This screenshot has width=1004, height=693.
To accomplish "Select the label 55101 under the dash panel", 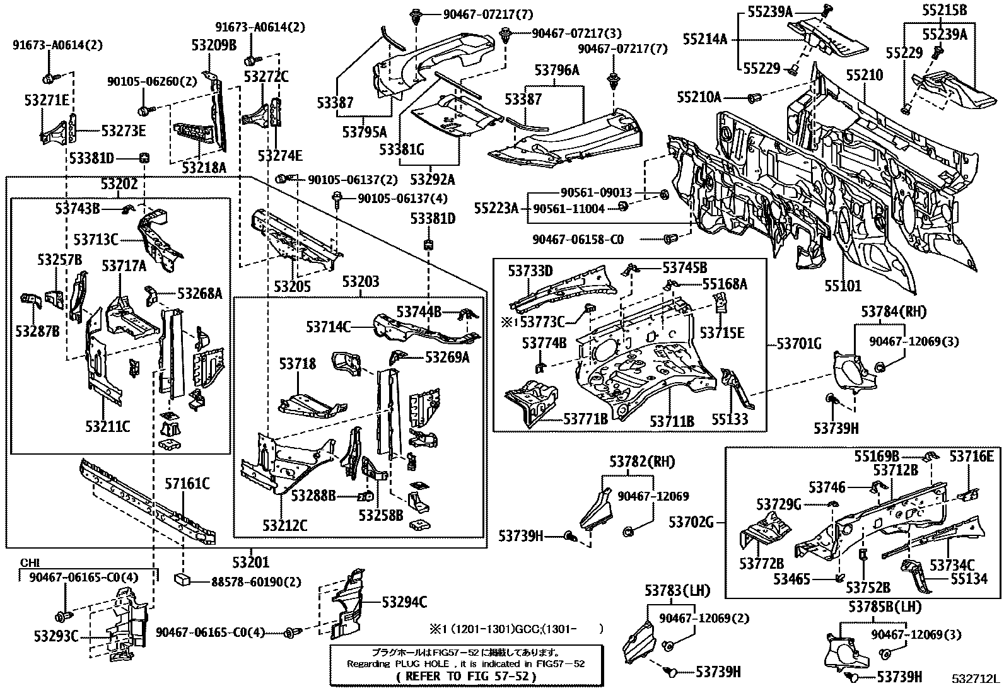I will pos(843,286).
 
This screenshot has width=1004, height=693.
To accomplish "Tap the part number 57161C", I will pos(187,484).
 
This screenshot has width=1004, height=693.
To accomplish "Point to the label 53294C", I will pos(404,602).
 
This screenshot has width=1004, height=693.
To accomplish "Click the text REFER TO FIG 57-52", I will pos(467,677).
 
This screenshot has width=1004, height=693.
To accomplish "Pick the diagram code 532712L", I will pos(976,679).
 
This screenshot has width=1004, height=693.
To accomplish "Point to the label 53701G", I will pos(799,344).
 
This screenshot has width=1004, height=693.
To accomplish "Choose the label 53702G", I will pos(691,521).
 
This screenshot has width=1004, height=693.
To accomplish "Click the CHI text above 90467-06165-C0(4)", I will pos(30,562).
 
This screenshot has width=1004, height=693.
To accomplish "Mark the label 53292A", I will pos(433,180).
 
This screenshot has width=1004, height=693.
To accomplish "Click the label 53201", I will pos(250,562).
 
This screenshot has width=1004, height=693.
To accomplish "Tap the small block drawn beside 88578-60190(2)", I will pos(184,578).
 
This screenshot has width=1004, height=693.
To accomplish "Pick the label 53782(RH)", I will pos(642,462).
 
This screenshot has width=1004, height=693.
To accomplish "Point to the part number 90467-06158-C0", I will pos(578,239).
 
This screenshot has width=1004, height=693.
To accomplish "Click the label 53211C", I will pos(107,427).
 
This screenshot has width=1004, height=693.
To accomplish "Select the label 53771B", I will pos(585,418).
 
